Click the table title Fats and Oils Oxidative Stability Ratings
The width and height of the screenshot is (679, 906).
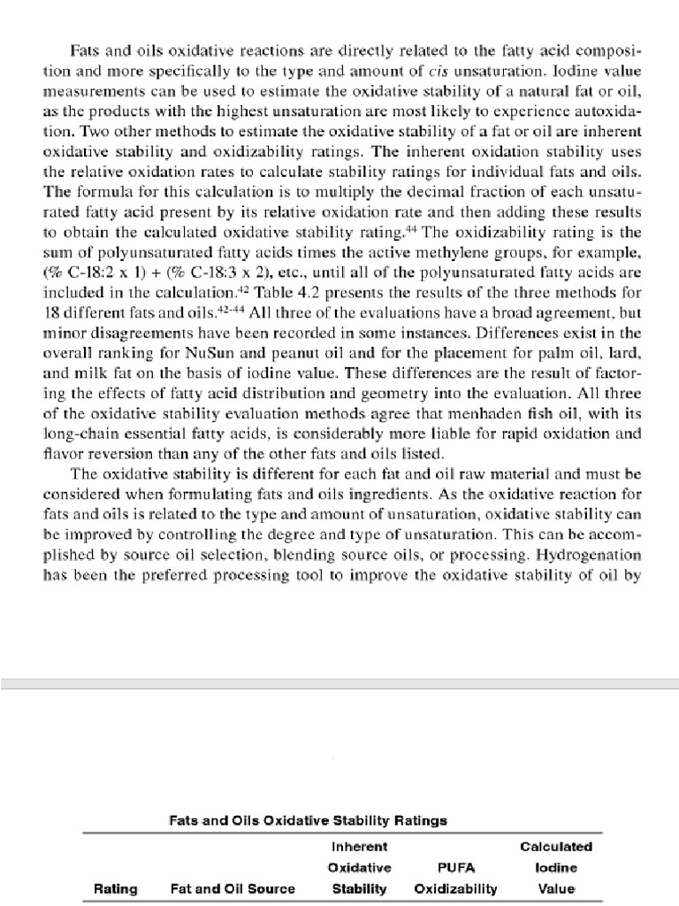pos(307,820)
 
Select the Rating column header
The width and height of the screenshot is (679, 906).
pos(116,889)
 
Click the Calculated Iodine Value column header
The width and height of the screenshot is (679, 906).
pos(556,867)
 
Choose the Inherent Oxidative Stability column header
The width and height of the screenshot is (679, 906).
pos(359,867)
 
